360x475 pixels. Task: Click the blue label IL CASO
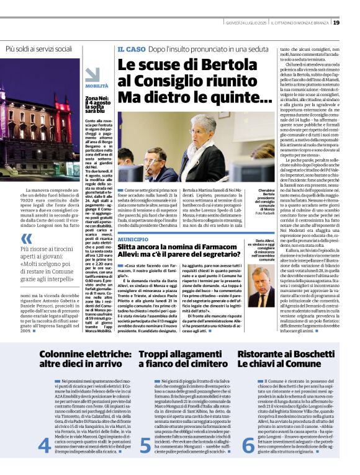[130, 48]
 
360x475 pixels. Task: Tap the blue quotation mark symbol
[25, 239]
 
